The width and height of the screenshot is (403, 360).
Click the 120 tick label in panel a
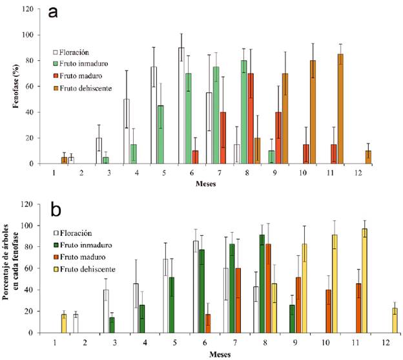(x=28, y=9)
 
